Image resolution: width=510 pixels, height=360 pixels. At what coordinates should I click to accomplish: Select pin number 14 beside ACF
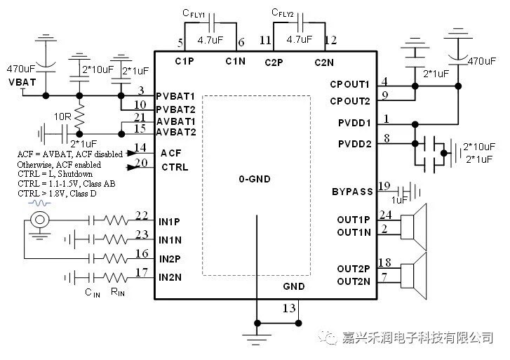142,148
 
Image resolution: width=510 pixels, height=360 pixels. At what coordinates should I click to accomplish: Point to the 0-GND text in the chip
254,179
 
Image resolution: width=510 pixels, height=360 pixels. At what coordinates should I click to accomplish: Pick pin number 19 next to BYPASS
383,187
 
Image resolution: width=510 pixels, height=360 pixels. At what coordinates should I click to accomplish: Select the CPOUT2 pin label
349,101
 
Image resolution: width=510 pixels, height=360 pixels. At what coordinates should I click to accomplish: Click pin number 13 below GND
288,309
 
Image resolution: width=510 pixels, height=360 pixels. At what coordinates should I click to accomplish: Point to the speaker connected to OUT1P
414,225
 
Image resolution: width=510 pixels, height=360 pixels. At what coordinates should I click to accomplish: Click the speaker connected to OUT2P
414,274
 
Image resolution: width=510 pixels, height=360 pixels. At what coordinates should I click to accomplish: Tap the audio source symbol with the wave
40,220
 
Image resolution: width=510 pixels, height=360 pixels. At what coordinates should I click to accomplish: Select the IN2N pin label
170,278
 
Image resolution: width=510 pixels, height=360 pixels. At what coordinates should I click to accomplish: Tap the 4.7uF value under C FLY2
299,41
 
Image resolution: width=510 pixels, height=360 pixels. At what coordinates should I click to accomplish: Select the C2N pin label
323,62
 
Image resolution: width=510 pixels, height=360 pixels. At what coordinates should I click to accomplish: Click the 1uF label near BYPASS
399,200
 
